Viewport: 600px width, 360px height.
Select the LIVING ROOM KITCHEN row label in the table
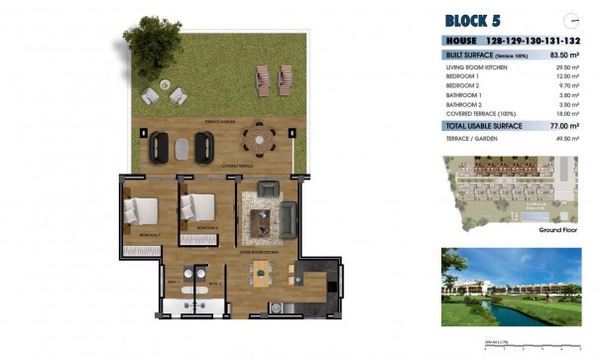[x=477, y=66]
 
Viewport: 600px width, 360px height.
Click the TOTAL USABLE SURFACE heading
[x=487, y=126]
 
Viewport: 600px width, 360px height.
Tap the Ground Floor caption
[x=558, y=229]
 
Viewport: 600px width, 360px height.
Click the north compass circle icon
[x=571, y=20]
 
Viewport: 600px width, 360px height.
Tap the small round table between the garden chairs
[x=164, y=96]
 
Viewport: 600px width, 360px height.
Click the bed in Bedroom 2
[x=196, y=207]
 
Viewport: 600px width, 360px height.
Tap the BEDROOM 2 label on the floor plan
[x=207, y=228]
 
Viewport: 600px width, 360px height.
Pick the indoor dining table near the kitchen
[x=264, y=279]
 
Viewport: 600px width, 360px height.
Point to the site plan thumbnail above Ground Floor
[x=511, y=188]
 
